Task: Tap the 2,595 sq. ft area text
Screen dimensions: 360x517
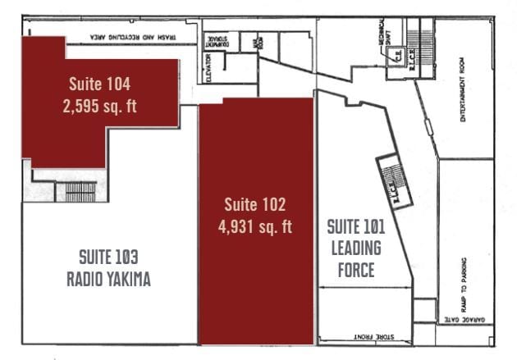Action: click(x=98, y=106)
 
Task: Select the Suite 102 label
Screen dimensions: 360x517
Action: click(x=254, y=204)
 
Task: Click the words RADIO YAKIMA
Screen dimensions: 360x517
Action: click(x=108, y=280)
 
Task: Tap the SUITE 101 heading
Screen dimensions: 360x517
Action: click(x=356, y=226)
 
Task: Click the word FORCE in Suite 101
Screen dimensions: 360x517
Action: click(x=356, y=270)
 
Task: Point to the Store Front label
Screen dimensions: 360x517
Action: click(x=373, y=336)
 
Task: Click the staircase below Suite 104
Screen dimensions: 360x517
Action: click(x=80, y=192)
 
